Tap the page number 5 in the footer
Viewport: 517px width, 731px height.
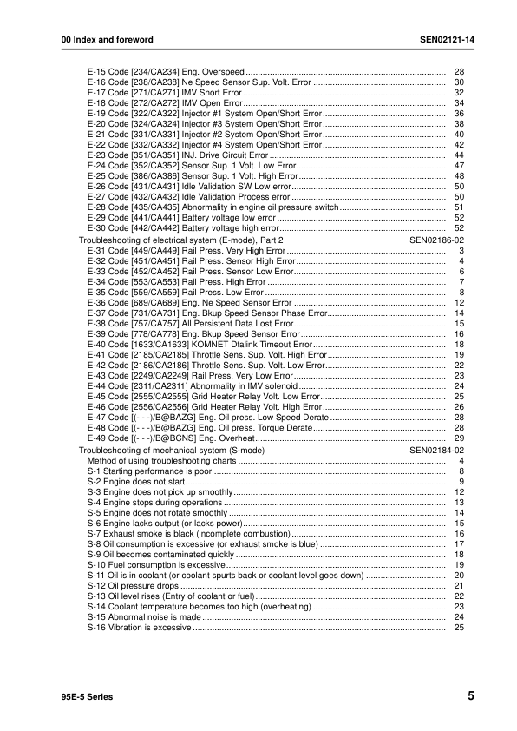click(470, 695)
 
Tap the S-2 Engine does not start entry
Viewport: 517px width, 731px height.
click(136, 481)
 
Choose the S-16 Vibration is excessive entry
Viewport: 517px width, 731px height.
click(139, 627)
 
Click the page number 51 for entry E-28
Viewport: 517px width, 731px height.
click(460, 207)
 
